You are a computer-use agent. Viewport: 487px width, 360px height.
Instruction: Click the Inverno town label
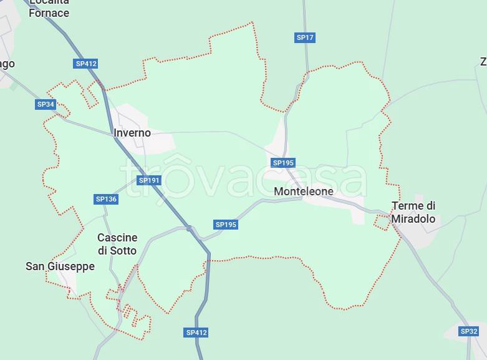point(132,133)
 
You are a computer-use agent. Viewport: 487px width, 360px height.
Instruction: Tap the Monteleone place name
point(304,192)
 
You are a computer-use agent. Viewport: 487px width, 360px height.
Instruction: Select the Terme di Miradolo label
point(413,212)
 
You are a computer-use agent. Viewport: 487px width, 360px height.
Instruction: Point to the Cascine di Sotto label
point(117,244)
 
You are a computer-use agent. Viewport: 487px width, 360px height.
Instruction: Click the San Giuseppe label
point(60,266)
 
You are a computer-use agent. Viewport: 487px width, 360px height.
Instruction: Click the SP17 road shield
point(305,37)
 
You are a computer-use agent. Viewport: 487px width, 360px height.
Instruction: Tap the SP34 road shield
point(46,104)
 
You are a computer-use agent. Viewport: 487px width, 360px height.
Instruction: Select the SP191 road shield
point(149,180)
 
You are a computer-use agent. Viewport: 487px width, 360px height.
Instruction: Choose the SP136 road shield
point(106,199)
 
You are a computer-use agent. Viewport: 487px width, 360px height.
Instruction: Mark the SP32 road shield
point(469,331)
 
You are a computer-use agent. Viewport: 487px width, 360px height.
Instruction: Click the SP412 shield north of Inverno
point(86,64)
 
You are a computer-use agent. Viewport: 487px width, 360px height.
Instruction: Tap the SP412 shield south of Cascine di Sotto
point(196,333)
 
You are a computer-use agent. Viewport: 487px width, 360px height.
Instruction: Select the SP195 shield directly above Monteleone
point(283,163)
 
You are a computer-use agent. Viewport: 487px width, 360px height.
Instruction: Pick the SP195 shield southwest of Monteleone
point(226,225)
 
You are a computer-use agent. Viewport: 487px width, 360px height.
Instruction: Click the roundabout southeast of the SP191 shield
point(189,228)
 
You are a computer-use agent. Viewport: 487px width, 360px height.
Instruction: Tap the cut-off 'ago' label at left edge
point(7,64)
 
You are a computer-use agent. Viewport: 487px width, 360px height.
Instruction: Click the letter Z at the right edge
point(483,61)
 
